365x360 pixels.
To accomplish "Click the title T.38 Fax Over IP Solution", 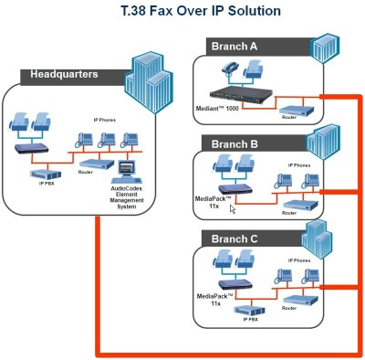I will click(188, 13).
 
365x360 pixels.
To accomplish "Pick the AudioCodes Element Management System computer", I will click(127, 170).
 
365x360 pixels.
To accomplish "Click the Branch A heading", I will click(235, 46).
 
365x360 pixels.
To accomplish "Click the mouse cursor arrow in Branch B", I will click(232, 208).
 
